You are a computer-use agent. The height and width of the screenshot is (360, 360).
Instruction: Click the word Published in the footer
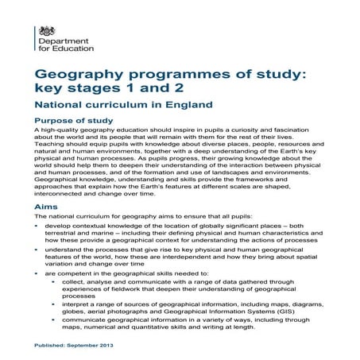click(x=50, y=348)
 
